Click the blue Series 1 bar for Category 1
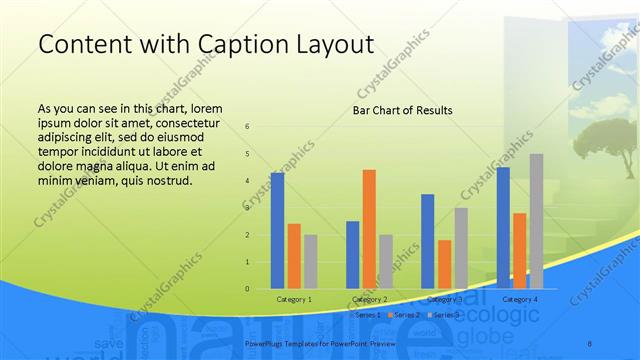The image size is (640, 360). click(277, 231)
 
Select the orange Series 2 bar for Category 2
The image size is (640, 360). click(369, 229)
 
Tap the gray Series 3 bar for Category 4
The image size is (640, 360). click(536, 221)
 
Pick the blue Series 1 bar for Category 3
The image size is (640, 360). click(428, 241)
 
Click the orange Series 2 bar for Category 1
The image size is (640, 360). click(294, 256)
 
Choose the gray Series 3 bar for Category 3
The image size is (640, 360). click(461, 248)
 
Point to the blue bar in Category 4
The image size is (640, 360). click(503, 228)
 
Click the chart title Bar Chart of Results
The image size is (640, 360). click(402, 110)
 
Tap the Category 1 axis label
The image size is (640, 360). click(294, 299)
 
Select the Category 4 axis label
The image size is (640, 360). click(520, 299)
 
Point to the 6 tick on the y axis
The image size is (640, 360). click(247, 127)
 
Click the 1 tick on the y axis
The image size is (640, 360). click(247, 262)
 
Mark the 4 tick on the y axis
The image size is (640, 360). click(247, 181)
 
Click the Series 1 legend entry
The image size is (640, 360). click(365, 315)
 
